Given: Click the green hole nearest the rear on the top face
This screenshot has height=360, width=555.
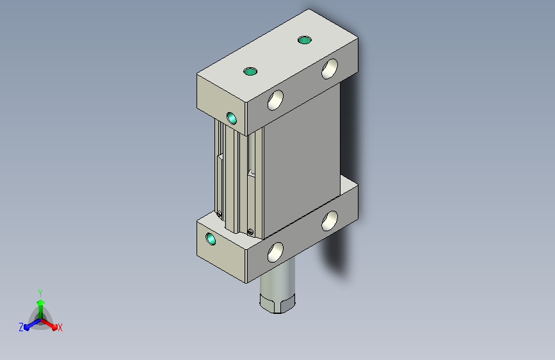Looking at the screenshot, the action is (305, 40).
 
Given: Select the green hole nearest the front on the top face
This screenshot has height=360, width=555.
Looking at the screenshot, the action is (250, 72).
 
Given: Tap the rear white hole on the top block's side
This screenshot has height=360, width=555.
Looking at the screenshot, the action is (330, 69).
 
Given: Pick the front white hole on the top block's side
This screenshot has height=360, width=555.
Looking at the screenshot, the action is (275, 100).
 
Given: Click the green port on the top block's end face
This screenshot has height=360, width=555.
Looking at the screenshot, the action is (232, 119).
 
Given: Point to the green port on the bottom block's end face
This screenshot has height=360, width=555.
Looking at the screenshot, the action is (211, 239).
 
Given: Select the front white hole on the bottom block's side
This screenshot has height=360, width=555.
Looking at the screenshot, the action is (275, 252).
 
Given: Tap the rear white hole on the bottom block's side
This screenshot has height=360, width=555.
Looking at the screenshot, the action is (330, 220).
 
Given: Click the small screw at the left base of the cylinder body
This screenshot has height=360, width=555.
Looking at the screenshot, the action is (219, 214).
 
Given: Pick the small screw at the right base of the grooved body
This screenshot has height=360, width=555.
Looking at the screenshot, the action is (250, 232).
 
